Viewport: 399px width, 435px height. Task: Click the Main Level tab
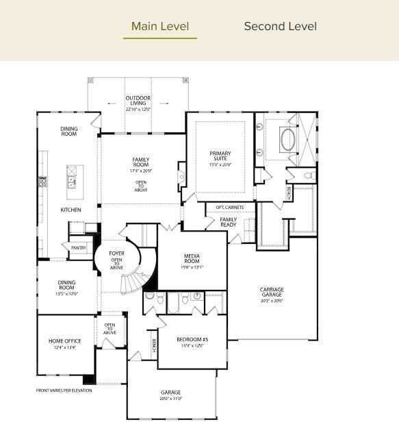pyautogui.click(x=159, y=27)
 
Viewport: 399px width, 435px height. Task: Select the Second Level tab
pyautogui.click(x=280, y=27)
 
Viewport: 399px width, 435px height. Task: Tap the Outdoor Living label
pyautogui.click(x=138, y=101)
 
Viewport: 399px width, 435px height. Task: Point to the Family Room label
pyautogui.click(x=140, y=162)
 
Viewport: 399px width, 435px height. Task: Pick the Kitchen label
pyautogui.click(x=70, y=210)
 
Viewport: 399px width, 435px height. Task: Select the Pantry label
pyautogui.click(x=79, y=248)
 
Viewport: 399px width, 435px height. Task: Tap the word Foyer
pyautogui.click(x=116, y=253)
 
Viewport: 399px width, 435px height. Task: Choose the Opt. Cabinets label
pyautogui.click(x=229, y=208)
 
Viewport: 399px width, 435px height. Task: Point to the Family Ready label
pyautogui.click(x=228, y=222)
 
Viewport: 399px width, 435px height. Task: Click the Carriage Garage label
pyautogui.click(x=272, y=292)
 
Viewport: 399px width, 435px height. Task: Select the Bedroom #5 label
pyautogui.click(x=192, y=340)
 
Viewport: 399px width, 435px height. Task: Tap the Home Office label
pyautogui.click(x=65, y=341)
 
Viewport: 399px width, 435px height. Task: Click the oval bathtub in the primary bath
pyautogui.click(x=287, y=140)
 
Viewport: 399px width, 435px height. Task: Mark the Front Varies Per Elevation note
pyautogui.click(x=64, y=390)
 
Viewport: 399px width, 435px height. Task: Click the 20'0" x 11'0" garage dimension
pyautogui.click(x=171, y=399)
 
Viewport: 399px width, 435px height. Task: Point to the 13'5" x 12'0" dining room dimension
pyautogui.click(x=67, y=294)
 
